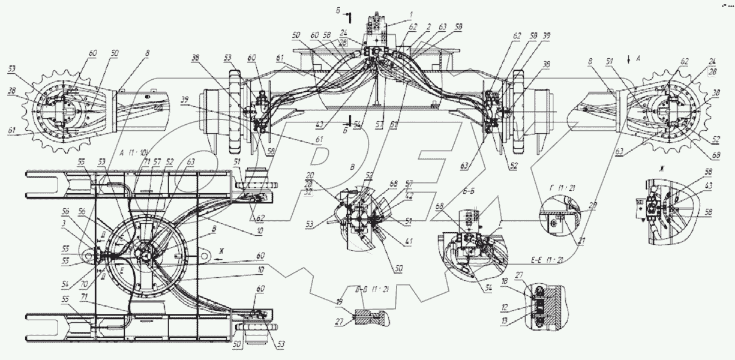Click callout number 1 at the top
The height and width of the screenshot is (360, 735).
[411, 13]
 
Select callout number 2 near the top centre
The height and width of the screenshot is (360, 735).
[429, 28]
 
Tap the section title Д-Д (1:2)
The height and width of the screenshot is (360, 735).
[373, 289]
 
